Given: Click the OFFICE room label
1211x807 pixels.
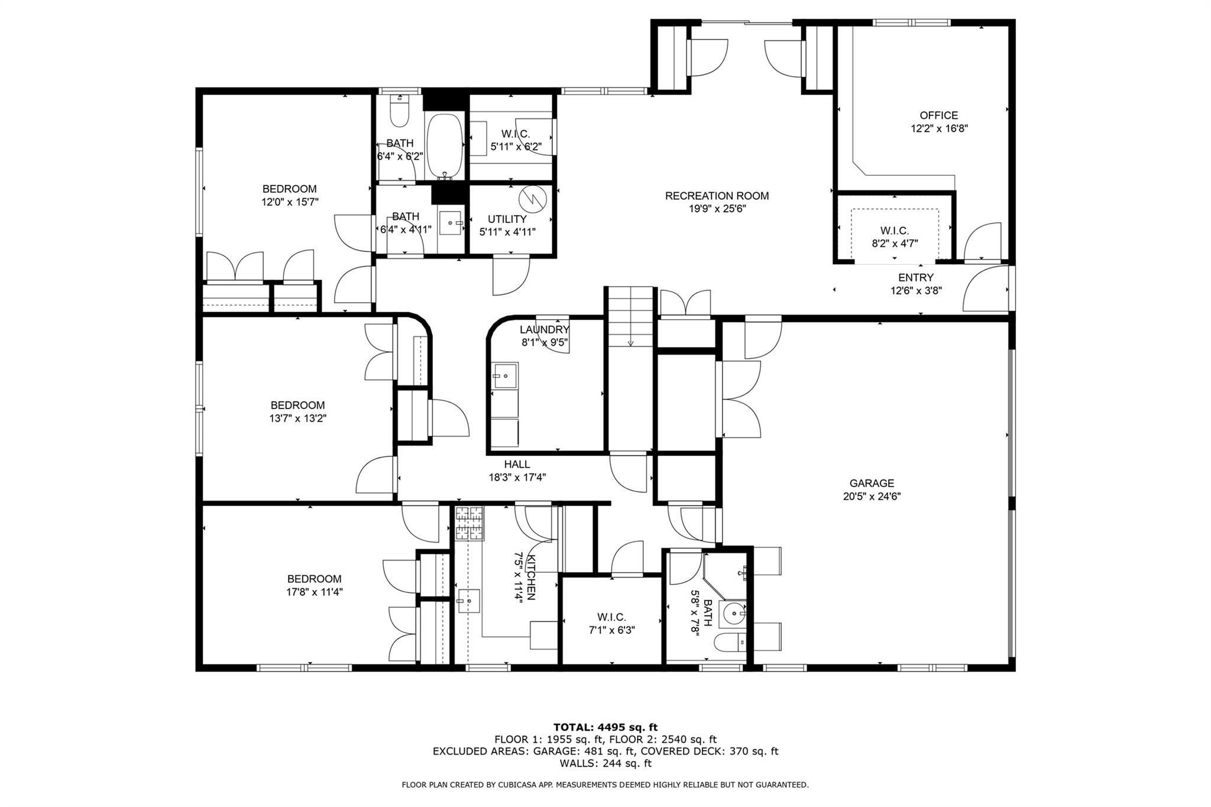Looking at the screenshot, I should pyautogui.click(x=938, y=115).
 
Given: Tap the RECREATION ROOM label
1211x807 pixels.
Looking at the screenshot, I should pyautogui.click(x=717, y=196).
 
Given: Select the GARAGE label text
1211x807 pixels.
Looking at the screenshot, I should pyautogui.click(x=872, y=483).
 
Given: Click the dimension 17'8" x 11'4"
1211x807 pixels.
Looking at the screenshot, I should pyautogui.click(x=314, y=591).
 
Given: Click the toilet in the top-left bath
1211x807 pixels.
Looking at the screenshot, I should pyautogui.click(x=400, y=112).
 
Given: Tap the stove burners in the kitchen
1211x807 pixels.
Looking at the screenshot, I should pyautogui.click(x=469, y=523).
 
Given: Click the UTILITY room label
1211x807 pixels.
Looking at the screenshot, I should pyautogui.click(x=507, y=219).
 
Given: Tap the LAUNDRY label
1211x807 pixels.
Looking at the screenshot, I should pyautogui.click(x=544, y=329).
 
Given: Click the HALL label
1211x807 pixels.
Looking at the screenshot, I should pyautogui.click(x=517, y=464).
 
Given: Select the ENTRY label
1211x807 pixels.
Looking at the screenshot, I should pyautogui.click(x=915, y=277).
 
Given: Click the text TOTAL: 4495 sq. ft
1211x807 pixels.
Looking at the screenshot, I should pyautogui.click(x=605, y=727).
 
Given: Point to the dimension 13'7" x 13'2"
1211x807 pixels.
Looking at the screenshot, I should pyautogui.click(x=297, y=418).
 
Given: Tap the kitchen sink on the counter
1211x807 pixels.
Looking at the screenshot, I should pyautogui.click(x=468, y=601).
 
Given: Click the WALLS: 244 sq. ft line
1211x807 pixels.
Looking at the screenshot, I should pyautogui.click(x=605, y=763).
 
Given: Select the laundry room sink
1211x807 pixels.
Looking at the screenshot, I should pyautogui.click(x=506, y=375).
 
